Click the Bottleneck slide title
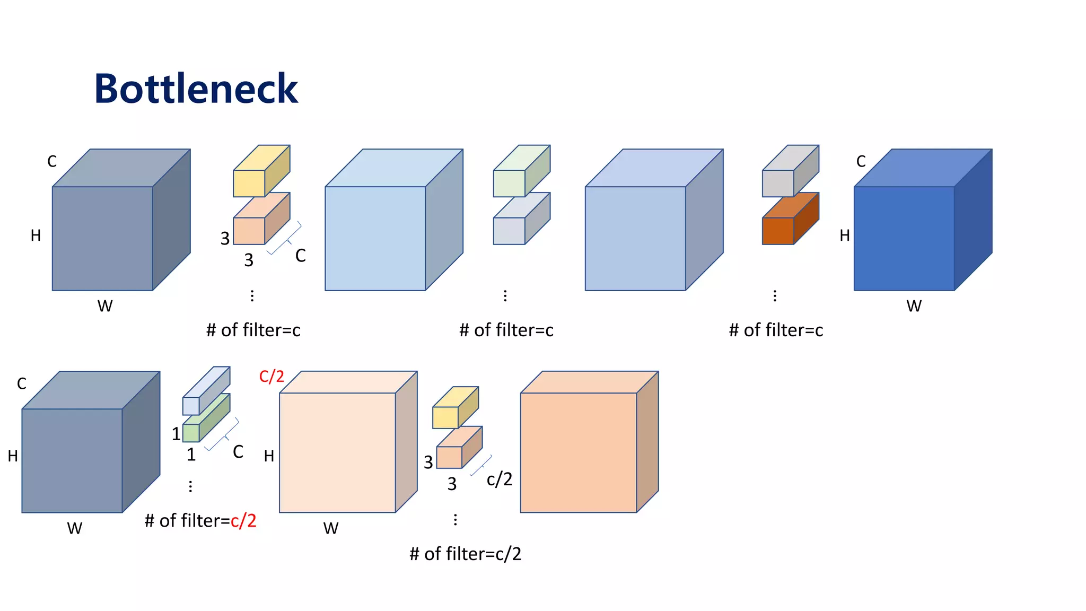point(196,89)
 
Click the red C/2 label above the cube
point(271,377)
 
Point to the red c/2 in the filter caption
point(243,521)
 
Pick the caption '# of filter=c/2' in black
point(465,554)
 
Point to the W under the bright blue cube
point(914,306)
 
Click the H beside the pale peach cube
point(269,456)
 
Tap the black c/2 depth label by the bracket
point(500,479)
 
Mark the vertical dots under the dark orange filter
point(775,296)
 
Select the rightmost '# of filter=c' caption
point(776,330)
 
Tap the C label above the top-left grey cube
point(52,161)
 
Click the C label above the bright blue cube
point(861,161)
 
